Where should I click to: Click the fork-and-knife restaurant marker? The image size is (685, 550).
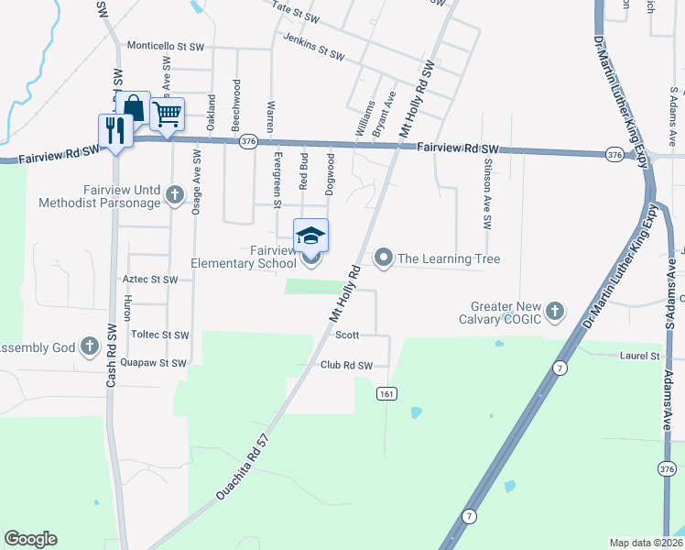pyautogui.click(x=115, y=130)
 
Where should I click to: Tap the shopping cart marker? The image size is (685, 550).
pyautogui.click(x=167, y=115)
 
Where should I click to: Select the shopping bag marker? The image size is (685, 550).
pyautogui.click(x=134, y=108)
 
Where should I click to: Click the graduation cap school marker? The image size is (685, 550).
pyautogui.click(x=310, y=236)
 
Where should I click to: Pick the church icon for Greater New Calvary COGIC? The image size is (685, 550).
pyautogui.click(x=554, y=313)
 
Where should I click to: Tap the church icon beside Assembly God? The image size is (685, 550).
pyautogui.click(x=89, y=346)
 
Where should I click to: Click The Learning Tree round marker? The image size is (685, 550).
pyautogui.click(x=385, y=258)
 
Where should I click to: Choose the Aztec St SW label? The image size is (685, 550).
pyautogui.click(x=149, y=279)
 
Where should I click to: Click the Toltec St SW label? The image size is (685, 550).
pyautogui.click(x=159, y=335)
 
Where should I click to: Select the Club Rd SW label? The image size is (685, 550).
pyautogui.click(x=346, y=366)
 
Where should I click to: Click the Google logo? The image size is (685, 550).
pyautogui.click(x=30, y=539)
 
